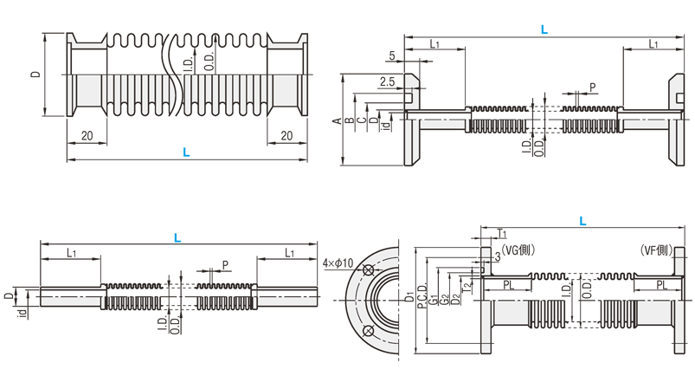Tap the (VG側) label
click(518, 250)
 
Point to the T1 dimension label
click(502, 234)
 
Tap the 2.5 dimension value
click(387, 82)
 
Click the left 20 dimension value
click(87, 136)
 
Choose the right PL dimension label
click(660, 284)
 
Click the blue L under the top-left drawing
click(186, 153)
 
